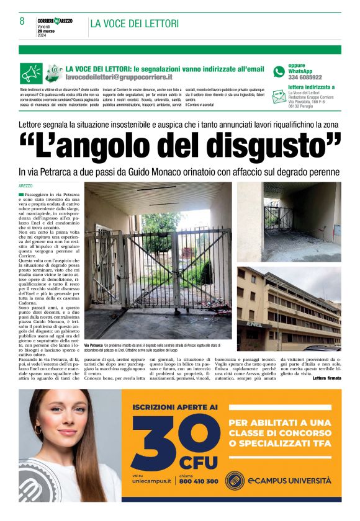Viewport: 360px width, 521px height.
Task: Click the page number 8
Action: [22, 22]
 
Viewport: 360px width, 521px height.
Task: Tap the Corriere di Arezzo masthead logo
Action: [55, 20]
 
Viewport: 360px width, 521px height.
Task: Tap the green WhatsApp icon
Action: [279, 71]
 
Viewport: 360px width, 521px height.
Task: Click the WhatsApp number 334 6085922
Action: [305, 78]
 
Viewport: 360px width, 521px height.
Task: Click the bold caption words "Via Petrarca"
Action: [93, 344]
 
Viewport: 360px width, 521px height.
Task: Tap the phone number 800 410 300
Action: [199, 481]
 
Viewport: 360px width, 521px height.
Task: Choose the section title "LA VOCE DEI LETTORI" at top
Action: [135, 24]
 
